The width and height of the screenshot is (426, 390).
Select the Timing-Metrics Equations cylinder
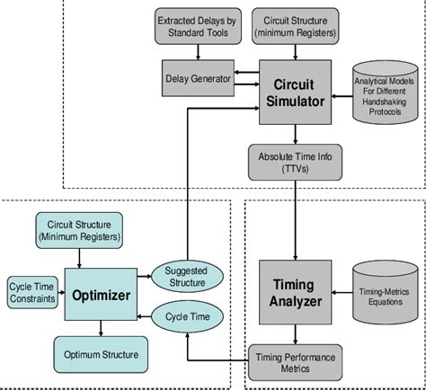(x=385, y=285)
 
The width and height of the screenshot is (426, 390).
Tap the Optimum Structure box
(x=102, y=354)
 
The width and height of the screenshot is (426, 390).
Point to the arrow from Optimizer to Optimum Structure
(x=101, y=331)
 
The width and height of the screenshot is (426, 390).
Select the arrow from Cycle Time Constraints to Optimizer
(x=60, y=293)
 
